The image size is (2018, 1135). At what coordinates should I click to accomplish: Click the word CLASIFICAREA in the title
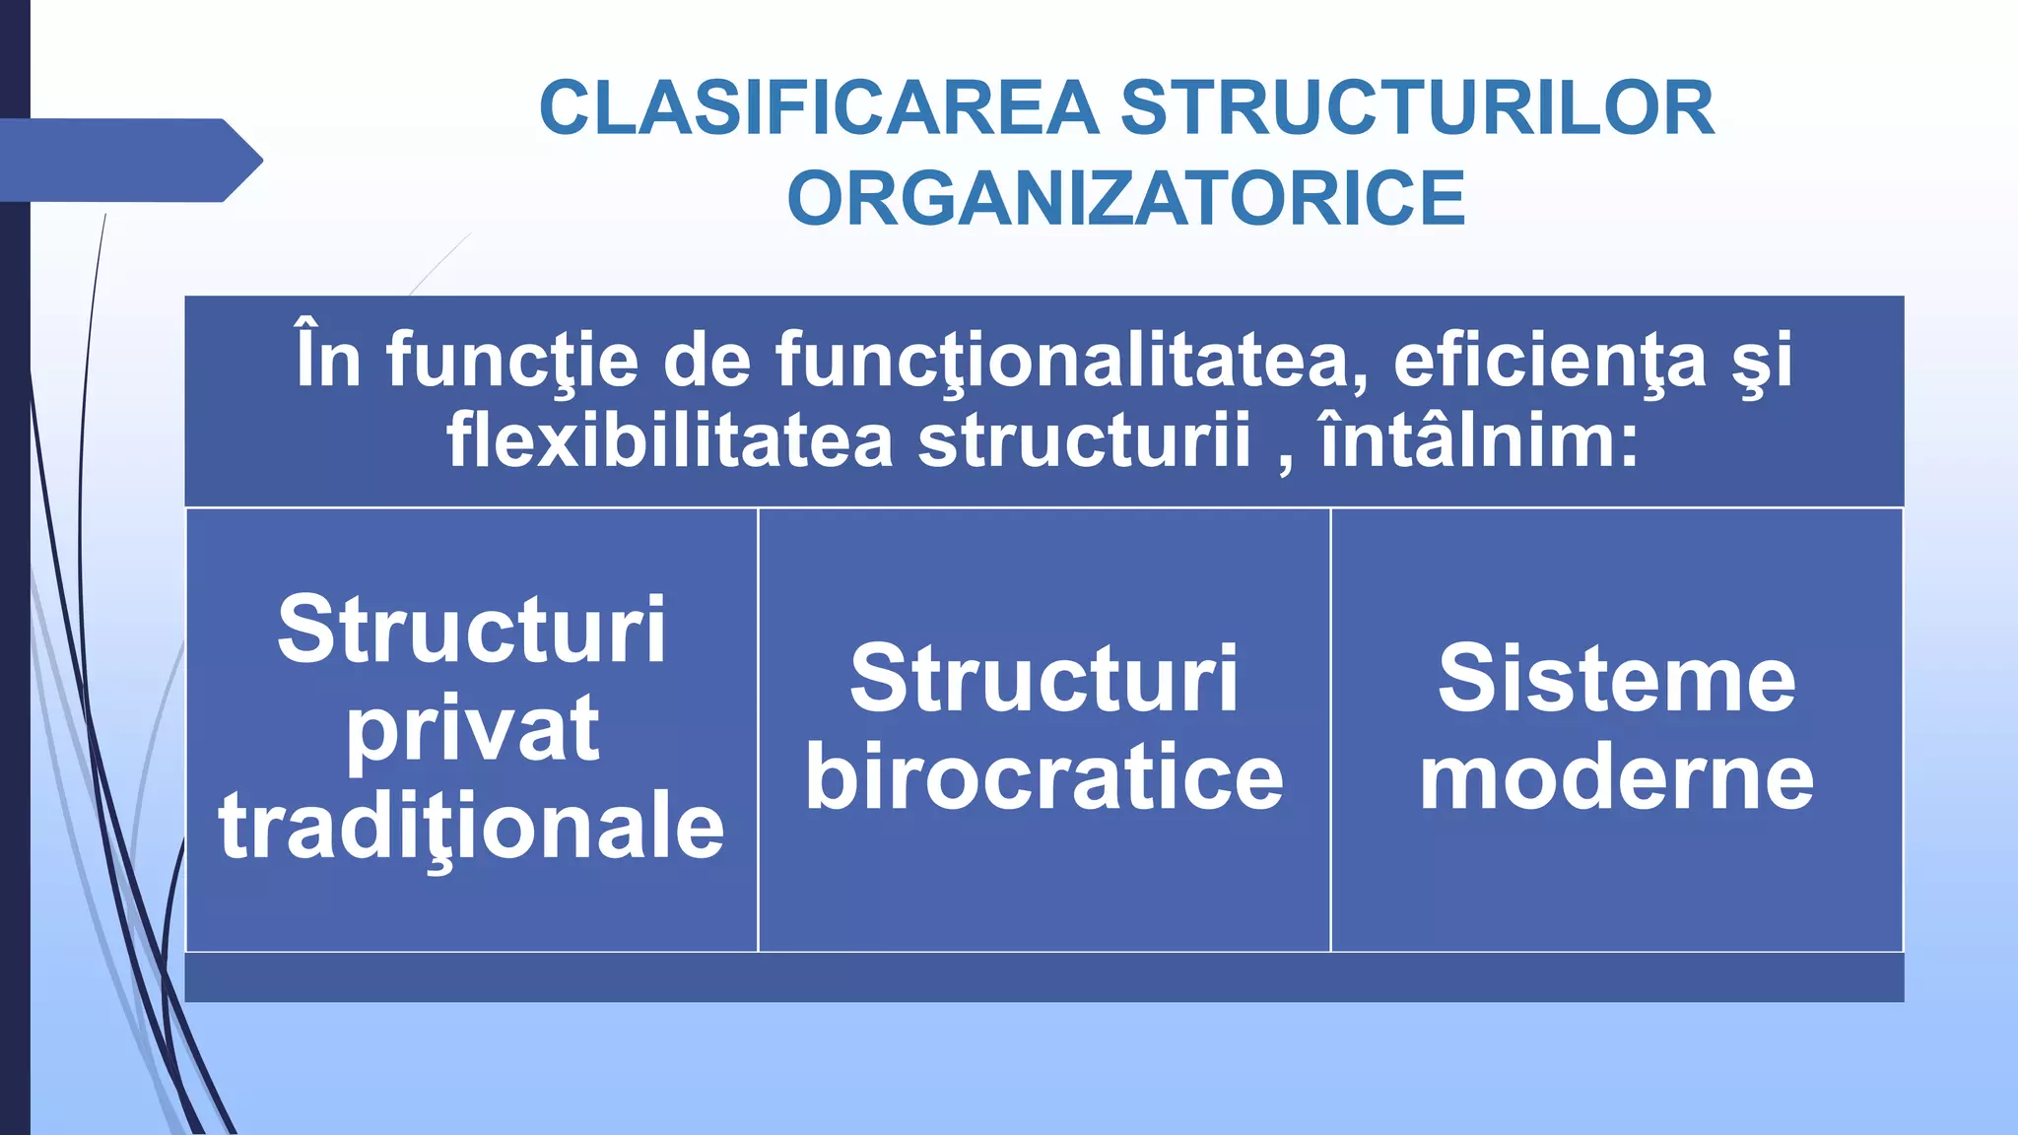[x=819, y=108]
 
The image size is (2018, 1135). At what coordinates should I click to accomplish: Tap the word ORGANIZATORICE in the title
[x=1126, y=198]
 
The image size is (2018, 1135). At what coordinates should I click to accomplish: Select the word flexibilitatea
[x=670, y=439]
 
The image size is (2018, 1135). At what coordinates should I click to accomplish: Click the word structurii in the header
[x=1084, y=439]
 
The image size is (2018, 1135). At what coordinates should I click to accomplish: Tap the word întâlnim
[x=1478, y=439]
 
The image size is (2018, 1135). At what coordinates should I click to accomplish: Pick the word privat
[x=472, y=730]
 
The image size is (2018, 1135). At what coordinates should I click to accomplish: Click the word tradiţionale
[x=472, y=826]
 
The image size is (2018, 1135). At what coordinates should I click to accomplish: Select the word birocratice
[x=1044, y=777]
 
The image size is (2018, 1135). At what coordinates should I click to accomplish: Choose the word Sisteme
[x=1617, y=679]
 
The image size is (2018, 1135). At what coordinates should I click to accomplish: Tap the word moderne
[x=1617, y=777]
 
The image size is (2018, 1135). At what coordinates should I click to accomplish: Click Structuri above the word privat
[x=472, y=630]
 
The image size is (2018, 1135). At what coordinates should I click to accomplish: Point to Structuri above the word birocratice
[x=1044, y=679]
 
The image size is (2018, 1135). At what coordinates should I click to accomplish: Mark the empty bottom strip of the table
[x=1044, y=977]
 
